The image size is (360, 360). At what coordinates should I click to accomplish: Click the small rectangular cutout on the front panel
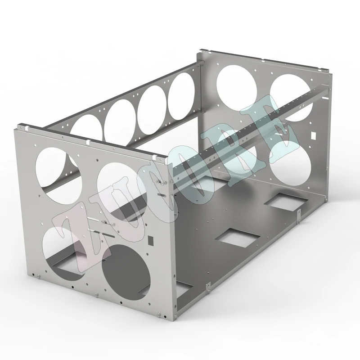(x=151, y=240)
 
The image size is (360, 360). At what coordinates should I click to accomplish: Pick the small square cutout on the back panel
(x=313, y=135)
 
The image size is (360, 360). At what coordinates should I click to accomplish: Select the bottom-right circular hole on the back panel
(x=290, y=163)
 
